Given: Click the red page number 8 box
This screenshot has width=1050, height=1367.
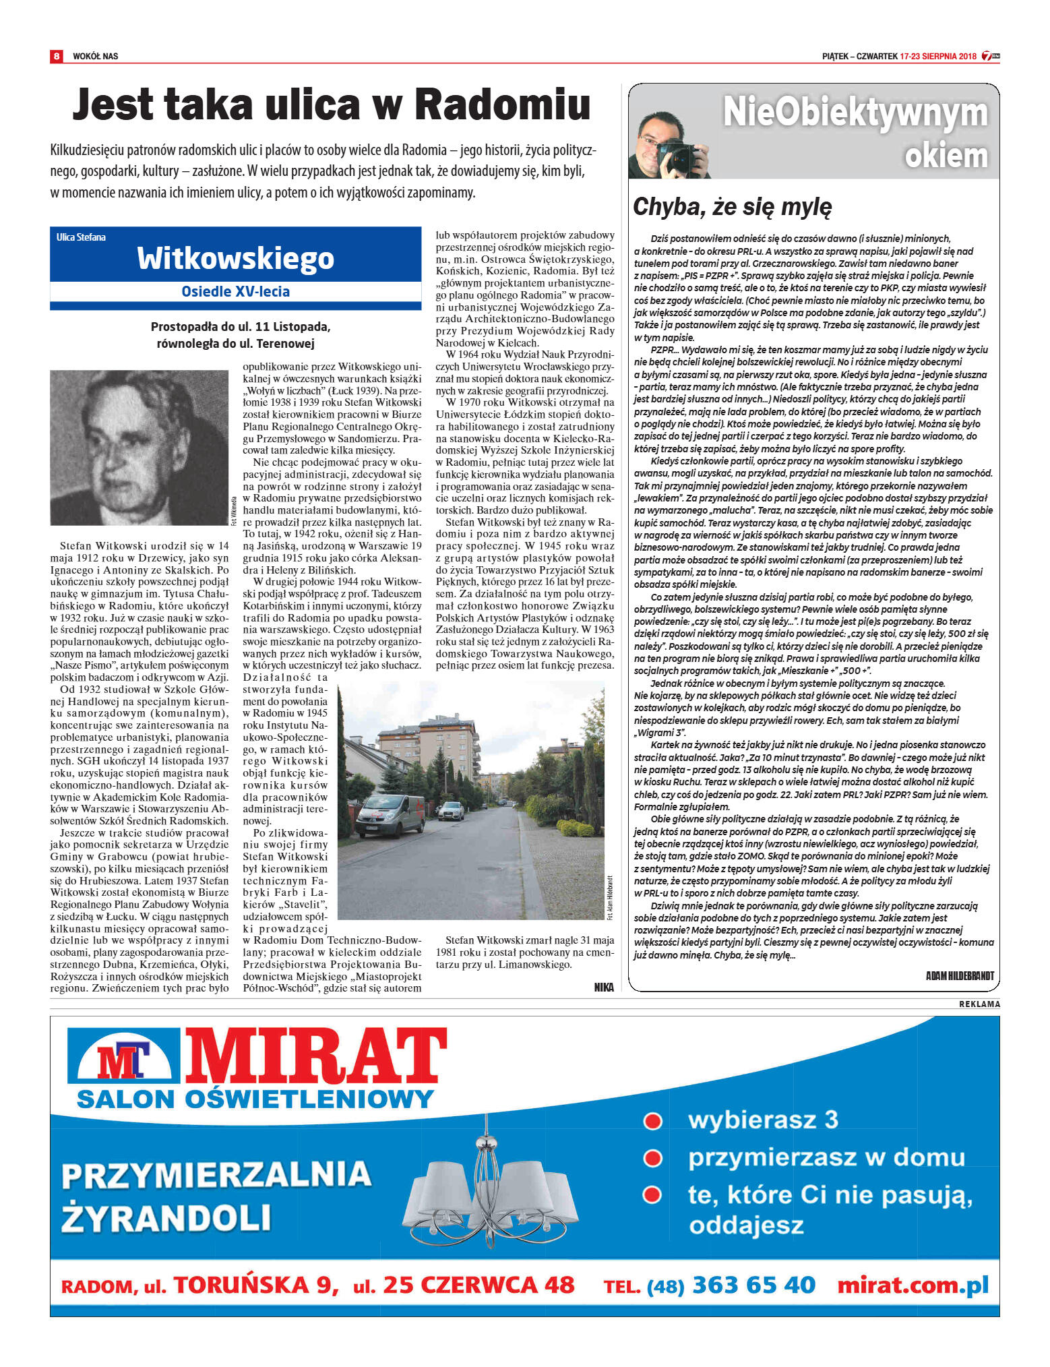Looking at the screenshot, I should point(57,56).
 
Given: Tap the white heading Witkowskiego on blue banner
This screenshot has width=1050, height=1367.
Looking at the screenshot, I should point(235,258).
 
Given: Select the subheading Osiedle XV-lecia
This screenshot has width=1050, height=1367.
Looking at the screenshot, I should point(235,292).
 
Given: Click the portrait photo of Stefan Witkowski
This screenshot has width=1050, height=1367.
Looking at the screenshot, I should point(139,448).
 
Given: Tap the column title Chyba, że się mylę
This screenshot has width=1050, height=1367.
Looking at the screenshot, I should point(733,207).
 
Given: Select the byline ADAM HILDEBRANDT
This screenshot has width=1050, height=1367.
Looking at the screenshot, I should point(960,975).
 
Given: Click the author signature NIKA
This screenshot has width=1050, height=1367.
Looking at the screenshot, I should point(604,988).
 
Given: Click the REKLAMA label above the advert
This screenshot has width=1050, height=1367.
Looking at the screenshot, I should point(979,1004).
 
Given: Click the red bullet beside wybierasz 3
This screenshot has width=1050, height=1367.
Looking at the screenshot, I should point(652,1121).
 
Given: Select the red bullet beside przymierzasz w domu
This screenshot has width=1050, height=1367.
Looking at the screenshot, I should point(652,1158).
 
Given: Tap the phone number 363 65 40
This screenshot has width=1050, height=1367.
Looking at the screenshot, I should point(753,1285).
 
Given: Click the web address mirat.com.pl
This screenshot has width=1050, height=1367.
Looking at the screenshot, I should point(913,1285).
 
